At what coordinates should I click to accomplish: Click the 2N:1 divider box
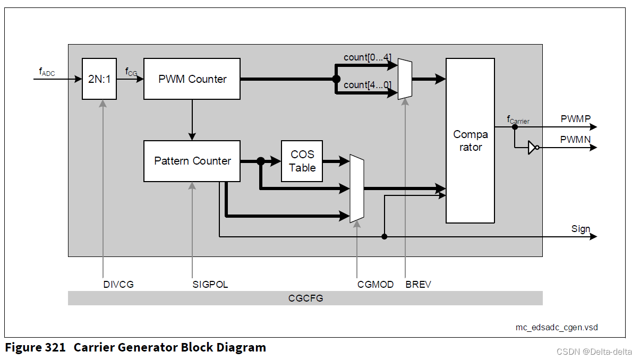click(99, 79)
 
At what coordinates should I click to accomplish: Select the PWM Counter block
click(192, 79)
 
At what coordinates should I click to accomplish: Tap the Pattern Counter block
click(192, 161)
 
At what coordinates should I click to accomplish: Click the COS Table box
click(302, 161)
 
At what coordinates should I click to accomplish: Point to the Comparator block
click(470, 141)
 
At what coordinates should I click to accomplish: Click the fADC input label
click(47, 71)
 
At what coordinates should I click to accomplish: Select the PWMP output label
click(575, 119)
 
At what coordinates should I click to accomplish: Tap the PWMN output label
click(575, 139)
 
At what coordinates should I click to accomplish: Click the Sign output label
click(581, 229)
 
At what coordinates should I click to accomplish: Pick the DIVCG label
click(118, 285)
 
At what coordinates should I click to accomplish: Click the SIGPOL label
click(210, 285)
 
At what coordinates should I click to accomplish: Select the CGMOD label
click(376, 285)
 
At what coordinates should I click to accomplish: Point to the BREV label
click(418, 285)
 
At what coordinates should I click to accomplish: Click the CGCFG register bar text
click(305, 298)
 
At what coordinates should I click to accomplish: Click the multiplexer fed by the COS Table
click(356, 188)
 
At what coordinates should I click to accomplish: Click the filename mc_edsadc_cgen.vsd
click(556, 327)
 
